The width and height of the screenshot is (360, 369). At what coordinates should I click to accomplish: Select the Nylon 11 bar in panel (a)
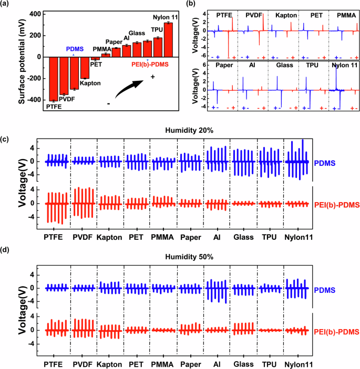click(168, 39)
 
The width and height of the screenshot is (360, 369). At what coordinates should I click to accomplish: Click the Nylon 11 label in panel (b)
click(343, 65)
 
